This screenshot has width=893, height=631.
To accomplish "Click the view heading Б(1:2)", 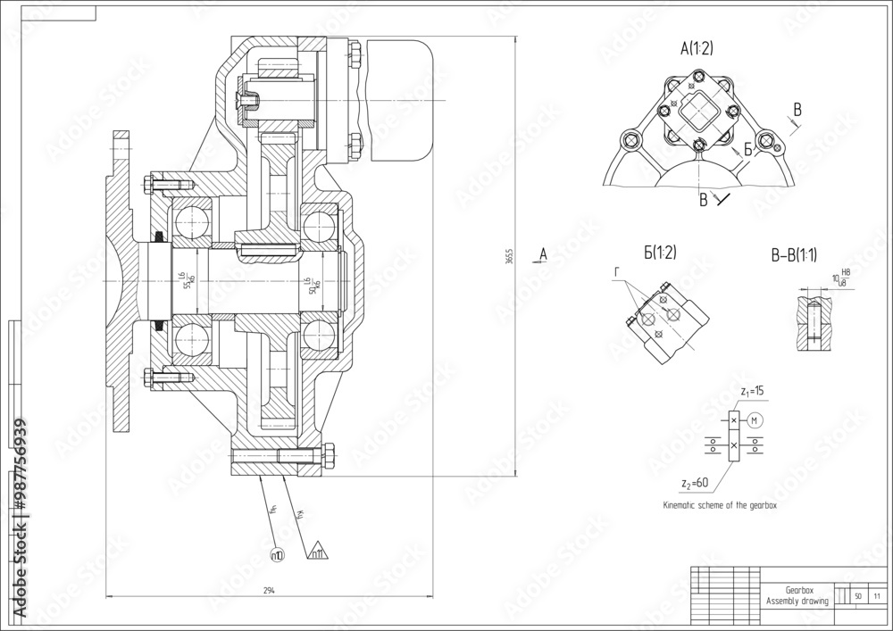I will click(658, 253).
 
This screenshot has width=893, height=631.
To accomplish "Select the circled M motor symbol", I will click(754, 420).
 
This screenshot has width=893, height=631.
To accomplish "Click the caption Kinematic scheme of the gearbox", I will click(721, 505).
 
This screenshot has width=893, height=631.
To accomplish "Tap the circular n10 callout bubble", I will click(277, 555).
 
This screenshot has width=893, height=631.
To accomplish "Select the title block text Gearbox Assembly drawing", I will click(797, 596).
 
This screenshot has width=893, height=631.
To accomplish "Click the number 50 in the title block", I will click(857, 595).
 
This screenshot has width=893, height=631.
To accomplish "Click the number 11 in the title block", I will click(877, 595).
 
